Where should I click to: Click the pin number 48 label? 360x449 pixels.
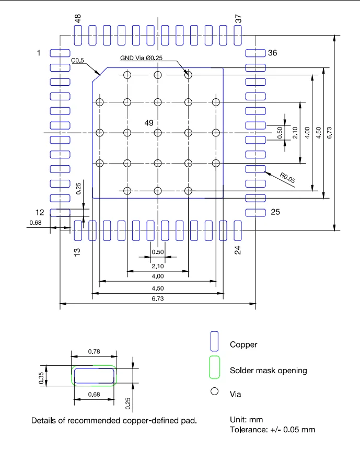(x=77, y=18)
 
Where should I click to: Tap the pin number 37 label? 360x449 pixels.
(x=238, y=19)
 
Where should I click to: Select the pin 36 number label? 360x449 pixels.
(x=272, y=53)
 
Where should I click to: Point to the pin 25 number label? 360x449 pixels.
(x=275, y=212)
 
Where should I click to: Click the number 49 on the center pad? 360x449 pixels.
(x=149, y=123)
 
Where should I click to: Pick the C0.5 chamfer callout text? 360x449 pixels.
(x=77, y=61)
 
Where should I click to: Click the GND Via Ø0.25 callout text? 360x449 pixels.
(x=141, y=58)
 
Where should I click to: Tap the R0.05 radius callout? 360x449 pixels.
(x=287, y=178)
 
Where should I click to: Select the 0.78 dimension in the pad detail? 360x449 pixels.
(x=94, y=351)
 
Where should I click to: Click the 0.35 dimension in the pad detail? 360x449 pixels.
(x=41, y=378)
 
